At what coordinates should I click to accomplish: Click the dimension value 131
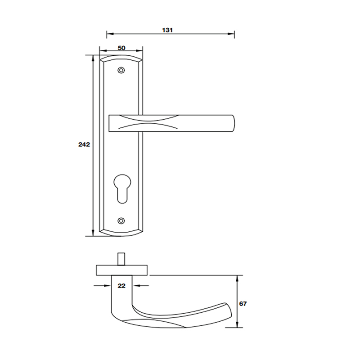(x=167, y=30)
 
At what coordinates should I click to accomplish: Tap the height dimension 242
(x=84, y=144)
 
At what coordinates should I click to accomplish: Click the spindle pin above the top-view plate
(x=121, y=259)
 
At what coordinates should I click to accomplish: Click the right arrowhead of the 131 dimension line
(x=232, y=34)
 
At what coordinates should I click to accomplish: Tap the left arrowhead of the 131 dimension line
(x=108, y=34)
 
